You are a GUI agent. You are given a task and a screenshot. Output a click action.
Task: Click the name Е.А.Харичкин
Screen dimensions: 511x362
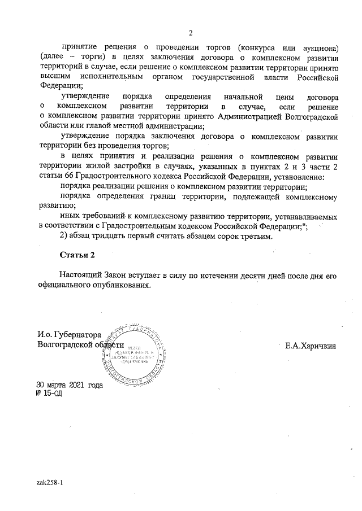(311, 345)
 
